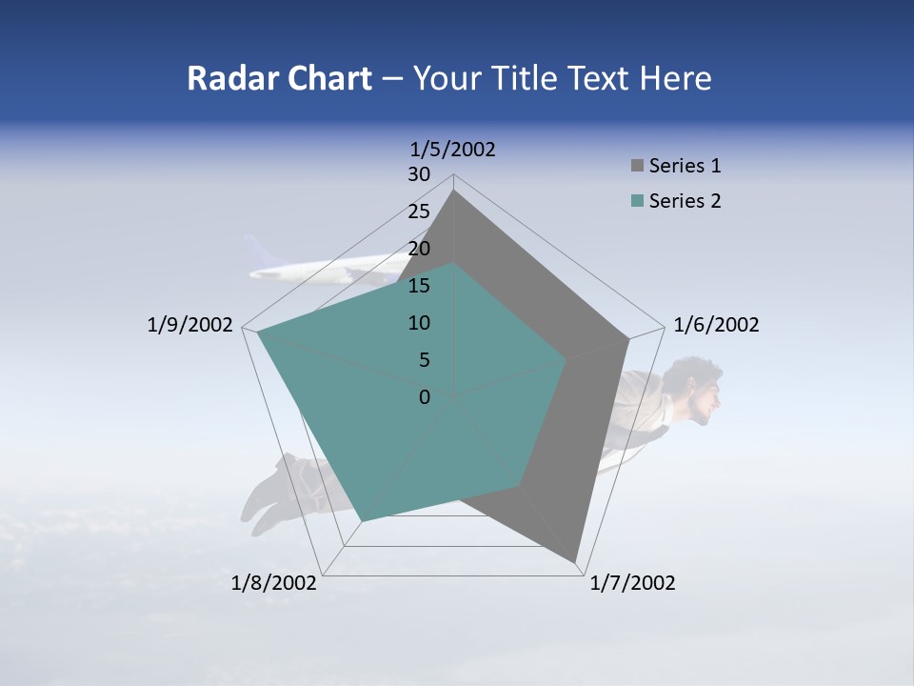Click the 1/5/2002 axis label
(452, 149)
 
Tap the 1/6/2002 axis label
(716, 325)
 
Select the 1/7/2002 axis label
(632, 583)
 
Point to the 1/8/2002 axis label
(274, 583)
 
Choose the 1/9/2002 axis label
(189, 325)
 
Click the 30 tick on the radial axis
(419, 174)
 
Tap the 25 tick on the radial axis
(419, 212)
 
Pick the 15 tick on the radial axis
(419, 286)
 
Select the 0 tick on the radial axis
(425, 397)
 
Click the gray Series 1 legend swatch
(637, 167)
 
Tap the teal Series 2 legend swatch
(637, 201)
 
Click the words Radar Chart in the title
(279, 78)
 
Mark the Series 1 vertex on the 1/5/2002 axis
(454, 191)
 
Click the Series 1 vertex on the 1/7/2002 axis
(575, 561)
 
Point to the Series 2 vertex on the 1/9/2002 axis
(258, 332)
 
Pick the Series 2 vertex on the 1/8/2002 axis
(362, 520)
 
